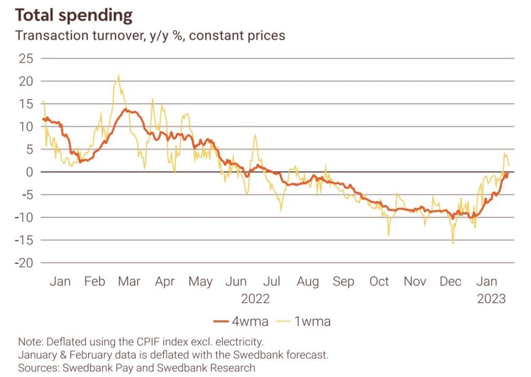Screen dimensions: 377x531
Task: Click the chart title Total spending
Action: (74, 16)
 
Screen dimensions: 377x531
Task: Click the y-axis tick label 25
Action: (25, 59)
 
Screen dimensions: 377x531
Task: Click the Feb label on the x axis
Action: (95, 281)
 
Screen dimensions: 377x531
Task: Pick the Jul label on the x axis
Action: (271, 281)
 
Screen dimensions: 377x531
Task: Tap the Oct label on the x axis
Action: (379, 281)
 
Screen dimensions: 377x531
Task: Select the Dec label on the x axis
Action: (450, 281)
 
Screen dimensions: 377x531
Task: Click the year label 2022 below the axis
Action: (255, 300)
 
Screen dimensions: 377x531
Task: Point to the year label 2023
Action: (491, 300)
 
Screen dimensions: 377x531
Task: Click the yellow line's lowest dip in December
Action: (453, 243)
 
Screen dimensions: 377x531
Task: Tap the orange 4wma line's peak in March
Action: (126, 110)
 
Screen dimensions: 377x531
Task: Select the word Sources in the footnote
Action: (36, 368)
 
